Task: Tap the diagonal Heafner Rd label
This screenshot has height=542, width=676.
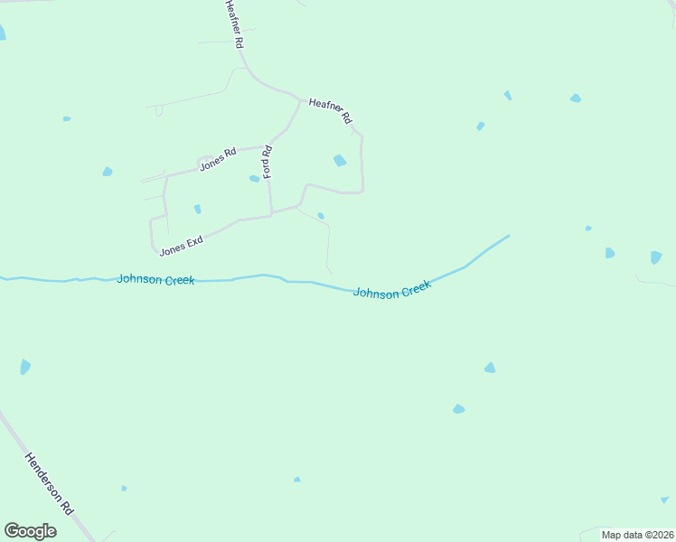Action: [330, 111]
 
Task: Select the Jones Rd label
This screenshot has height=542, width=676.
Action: [217, 158]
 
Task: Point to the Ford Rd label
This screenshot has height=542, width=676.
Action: [268, 161]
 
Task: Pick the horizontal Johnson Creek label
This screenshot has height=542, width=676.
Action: [155, 280]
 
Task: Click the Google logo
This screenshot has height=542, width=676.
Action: [30, 531]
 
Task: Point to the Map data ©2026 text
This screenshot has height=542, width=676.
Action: [637, 535]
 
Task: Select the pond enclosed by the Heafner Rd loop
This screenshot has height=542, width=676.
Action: [340, 161]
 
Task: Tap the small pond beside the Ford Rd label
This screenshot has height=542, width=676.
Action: [254, 178]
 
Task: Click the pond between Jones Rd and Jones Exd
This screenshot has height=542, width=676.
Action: [197, 209]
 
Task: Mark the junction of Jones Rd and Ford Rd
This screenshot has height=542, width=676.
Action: [268, 145]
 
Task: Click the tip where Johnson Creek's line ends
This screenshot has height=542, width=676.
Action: [509, 236]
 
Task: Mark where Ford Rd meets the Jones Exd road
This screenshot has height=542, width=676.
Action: [271, 214]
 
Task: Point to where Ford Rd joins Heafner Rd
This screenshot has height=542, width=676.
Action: [299, 100]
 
